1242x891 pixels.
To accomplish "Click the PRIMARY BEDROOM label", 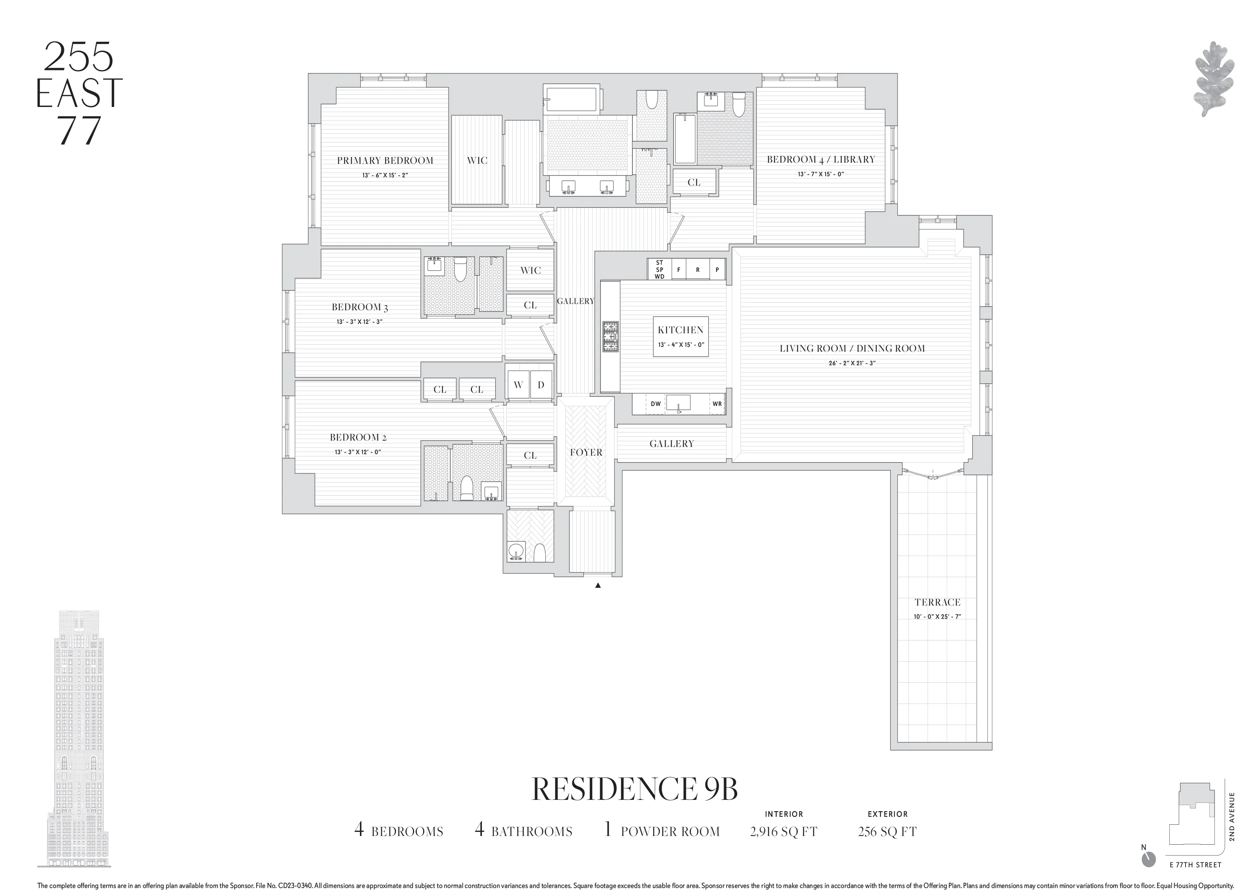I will click(x=385, y=160).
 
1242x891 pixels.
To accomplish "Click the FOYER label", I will click(x=586, y=452).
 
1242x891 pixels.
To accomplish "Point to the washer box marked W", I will click(x=518, y=385).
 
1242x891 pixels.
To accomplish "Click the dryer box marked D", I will click(x=541, y=385).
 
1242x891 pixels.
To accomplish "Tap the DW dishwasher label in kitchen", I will click(x=655, y=404).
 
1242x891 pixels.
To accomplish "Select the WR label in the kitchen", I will click(x=717, y=404).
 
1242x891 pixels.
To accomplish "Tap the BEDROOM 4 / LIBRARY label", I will click(x=820, y=159).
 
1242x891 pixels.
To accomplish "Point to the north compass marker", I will click(x=1148, y=874).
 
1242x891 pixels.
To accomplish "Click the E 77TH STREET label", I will click(x=1195, y=880).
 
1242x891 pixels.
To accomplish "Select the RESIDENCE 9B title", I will click(x=635, y=789).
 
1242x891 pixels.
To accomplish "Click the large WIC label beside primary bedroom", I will click(x=477, y=160).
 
